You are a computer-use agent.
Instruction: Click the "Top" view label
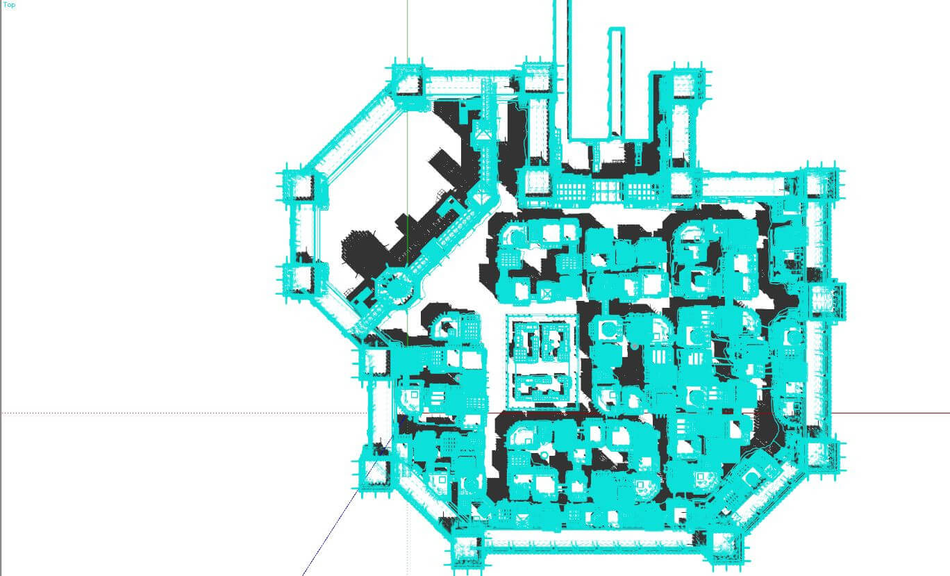coord(9,5)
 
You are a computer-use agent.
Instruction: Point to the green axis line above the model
coord(408,28)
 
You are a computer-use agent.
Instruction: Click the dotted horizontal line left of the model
coord(174,413)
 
